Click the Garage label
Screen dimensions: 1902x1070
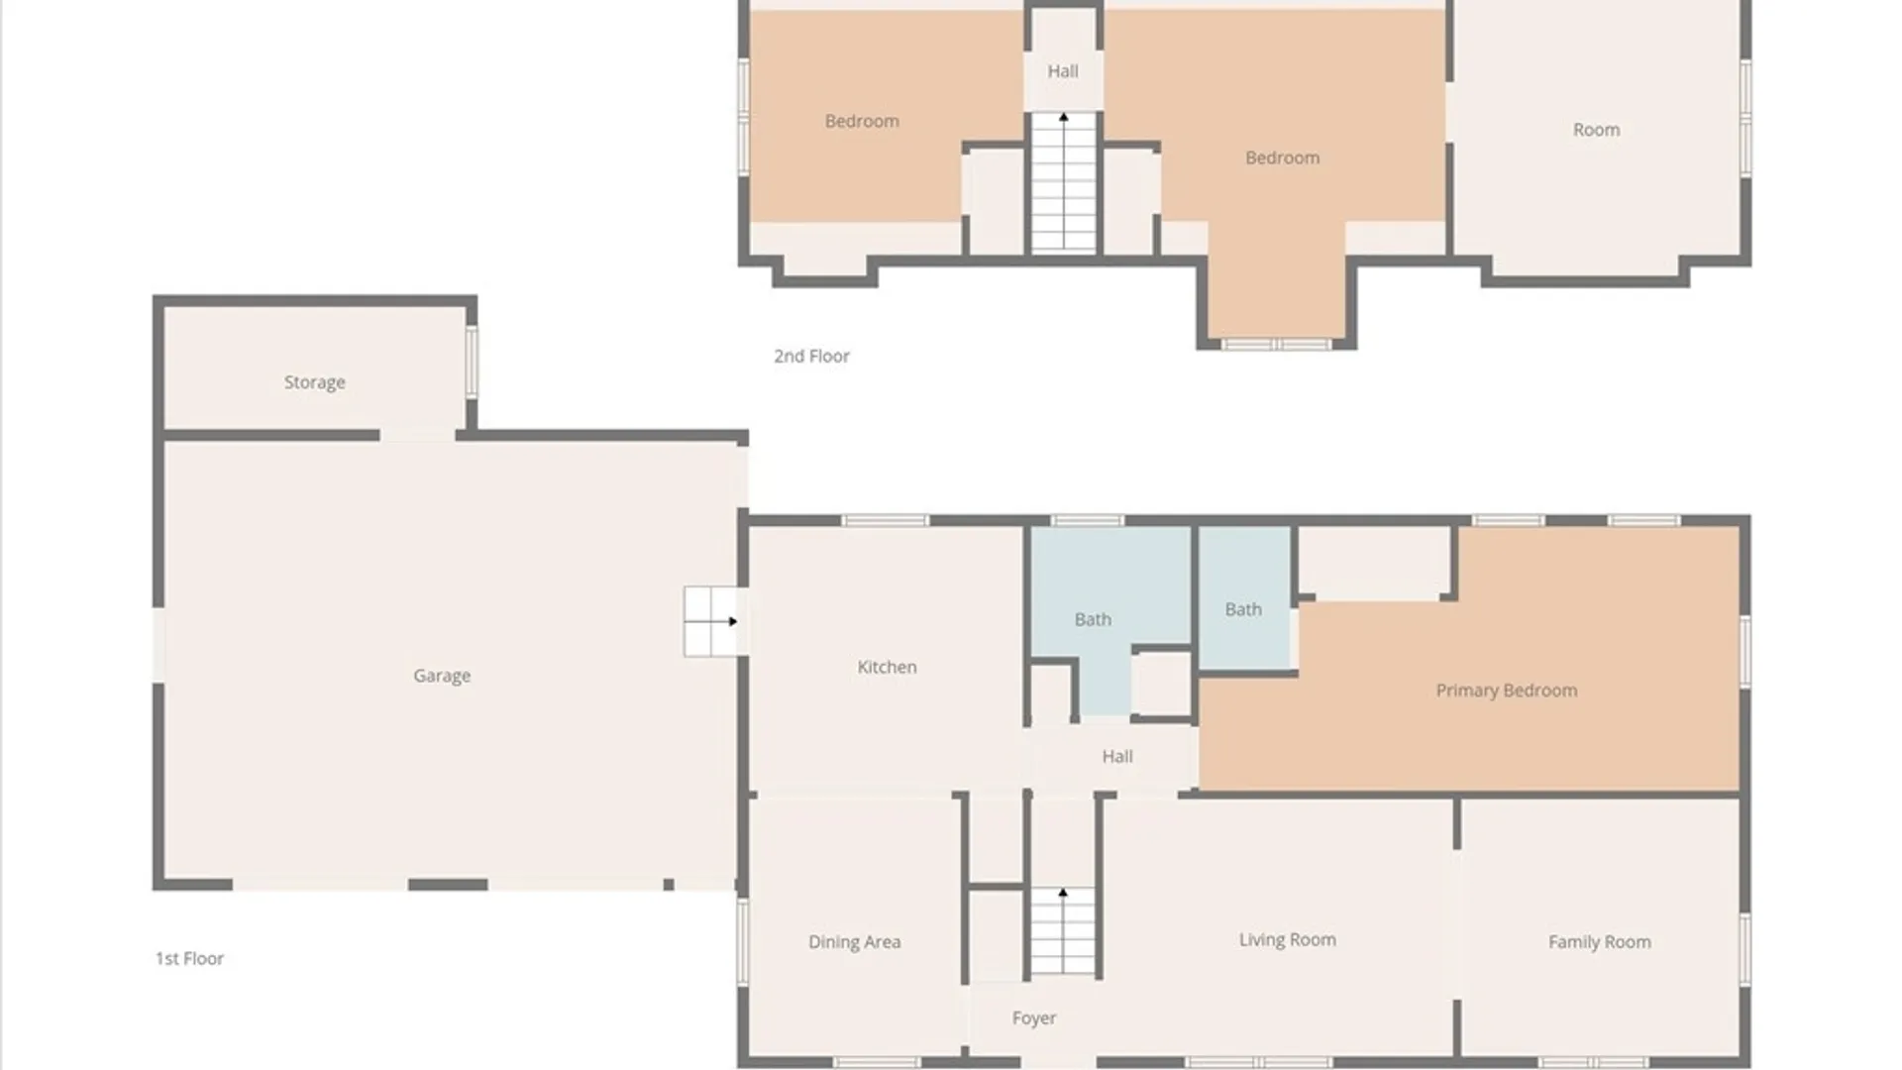click(442, 676)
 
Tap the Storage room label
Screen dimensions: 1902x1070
click(314, 382)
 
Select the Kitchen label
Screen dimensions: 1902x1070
click(887, 667)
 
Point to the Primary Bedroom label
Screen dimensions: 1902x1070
click(1507, 691)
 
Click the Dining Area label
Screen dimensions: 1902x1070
click(854, 942)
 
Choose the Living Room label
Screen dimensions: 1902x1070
click(1287, 939)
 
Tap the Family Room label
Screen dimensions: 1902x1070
click(1599, 942)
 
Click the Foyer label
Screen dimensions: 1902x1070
click(1033, 1018)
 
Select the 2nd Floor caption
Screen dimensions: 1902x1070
click(811, 356)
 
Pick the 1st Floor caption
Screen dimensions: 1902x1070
click(189, 958)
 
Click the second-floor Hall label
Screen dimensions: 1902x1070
click(1063, 71)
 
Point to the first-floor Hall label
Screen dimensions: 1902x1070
click(1117, 756)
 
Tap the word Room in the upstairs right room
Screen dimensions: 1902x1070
click(1596, 130)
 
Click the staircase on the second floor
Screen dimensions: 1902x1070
click(1063, 182)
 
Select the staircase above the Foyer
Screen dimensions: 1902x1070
click(1063, 931)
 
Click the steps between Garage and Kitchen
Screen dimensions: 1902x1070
click(713, 621)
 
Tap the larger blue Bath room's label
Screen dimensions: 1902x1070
click(1093, 619)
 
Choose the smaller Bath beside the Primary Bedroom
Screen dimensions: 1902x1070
click(1243, 609)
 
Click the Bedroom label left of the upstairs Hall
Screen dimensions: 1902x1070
click(862, 121)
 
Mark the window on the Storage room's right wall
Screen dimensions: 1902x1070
click(472, 363)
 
